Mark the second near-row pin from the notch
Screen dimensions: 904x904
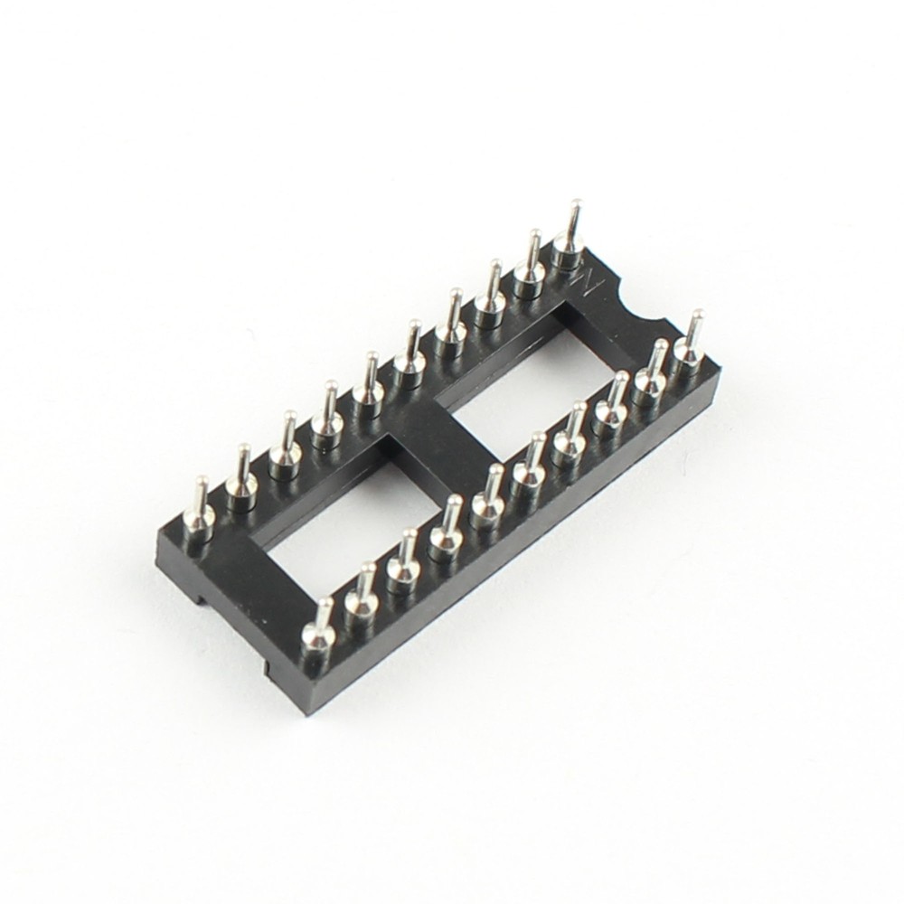click(653, 366)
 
